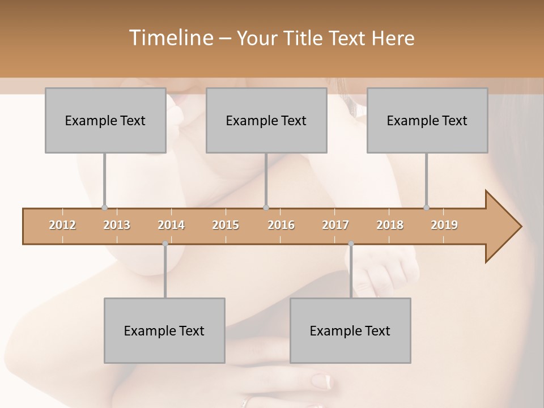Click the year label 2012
point(62,225)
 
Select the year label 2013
point(117,225)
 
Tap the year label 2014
point(171,225)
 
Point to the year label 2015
point(226,225)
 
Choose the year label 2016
point(281,225)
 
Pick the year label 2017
point(335,225)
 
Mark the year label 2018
point(390,225)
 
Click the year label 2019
point(444,225)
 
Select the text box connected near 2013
point(105,120)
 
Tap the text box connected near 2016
point(266,120)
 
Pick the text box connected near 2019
point(427,120)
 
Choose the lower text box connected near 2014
point(164,330)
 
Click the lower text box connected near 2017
point(350,330)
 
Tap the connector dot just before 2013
point(104,207)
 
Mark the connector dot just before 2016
point(266,207)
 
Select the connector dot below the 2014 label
point(165,244)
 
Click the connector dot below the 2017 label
point(351,244)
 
